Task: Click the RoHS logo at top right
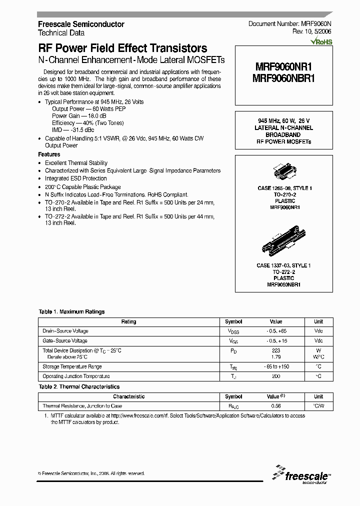[x=321, y=42]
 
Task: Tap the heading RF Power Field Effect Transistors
[x=122, y=48]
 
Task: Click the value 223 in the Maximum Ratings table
[x=275, y=350]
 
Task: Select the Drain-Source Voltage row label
[x=65, y=331]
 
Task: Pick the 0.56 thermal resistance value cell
[x=275, y=406]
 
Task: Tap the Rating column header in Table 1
[x=128, y=321]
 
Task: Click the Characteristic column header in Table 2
[x=128, y=396]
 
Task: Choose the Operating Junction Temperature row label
[x=76, y=376]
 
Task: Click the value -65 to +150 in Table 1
[x=275, y=366]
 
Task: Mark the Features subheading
[x=49, y=154]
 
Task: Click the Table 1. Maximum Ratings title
[x=71, y=311]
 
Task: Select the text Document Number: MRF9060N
[x=289, y=24]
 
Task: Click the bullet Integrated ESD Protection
[x=75, y=178]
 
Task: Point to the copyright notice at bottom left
[x=91, y=473]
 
